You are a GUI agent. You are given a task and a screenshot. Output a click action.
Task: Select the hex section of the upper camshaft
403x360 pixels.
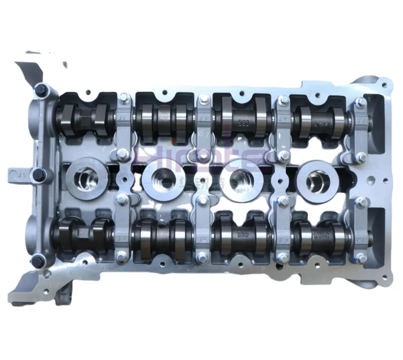tap(80, 117)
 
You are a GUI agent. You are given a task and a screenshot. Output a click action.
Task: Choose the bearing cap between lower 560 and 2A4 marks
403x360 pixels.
tap(283, 230)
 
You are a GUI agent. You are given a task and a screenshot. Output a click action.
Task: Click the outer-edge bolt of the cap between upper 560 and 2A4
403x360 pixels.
tap(283, 101)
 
